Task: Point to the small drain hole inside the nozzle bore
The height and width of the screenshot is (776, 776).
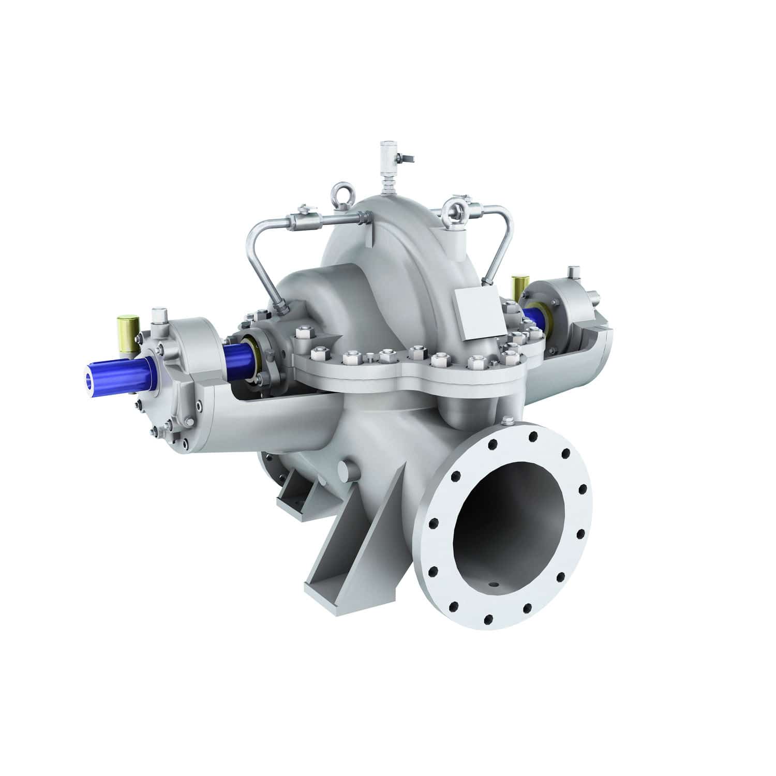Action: click(x=496, y=585)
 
